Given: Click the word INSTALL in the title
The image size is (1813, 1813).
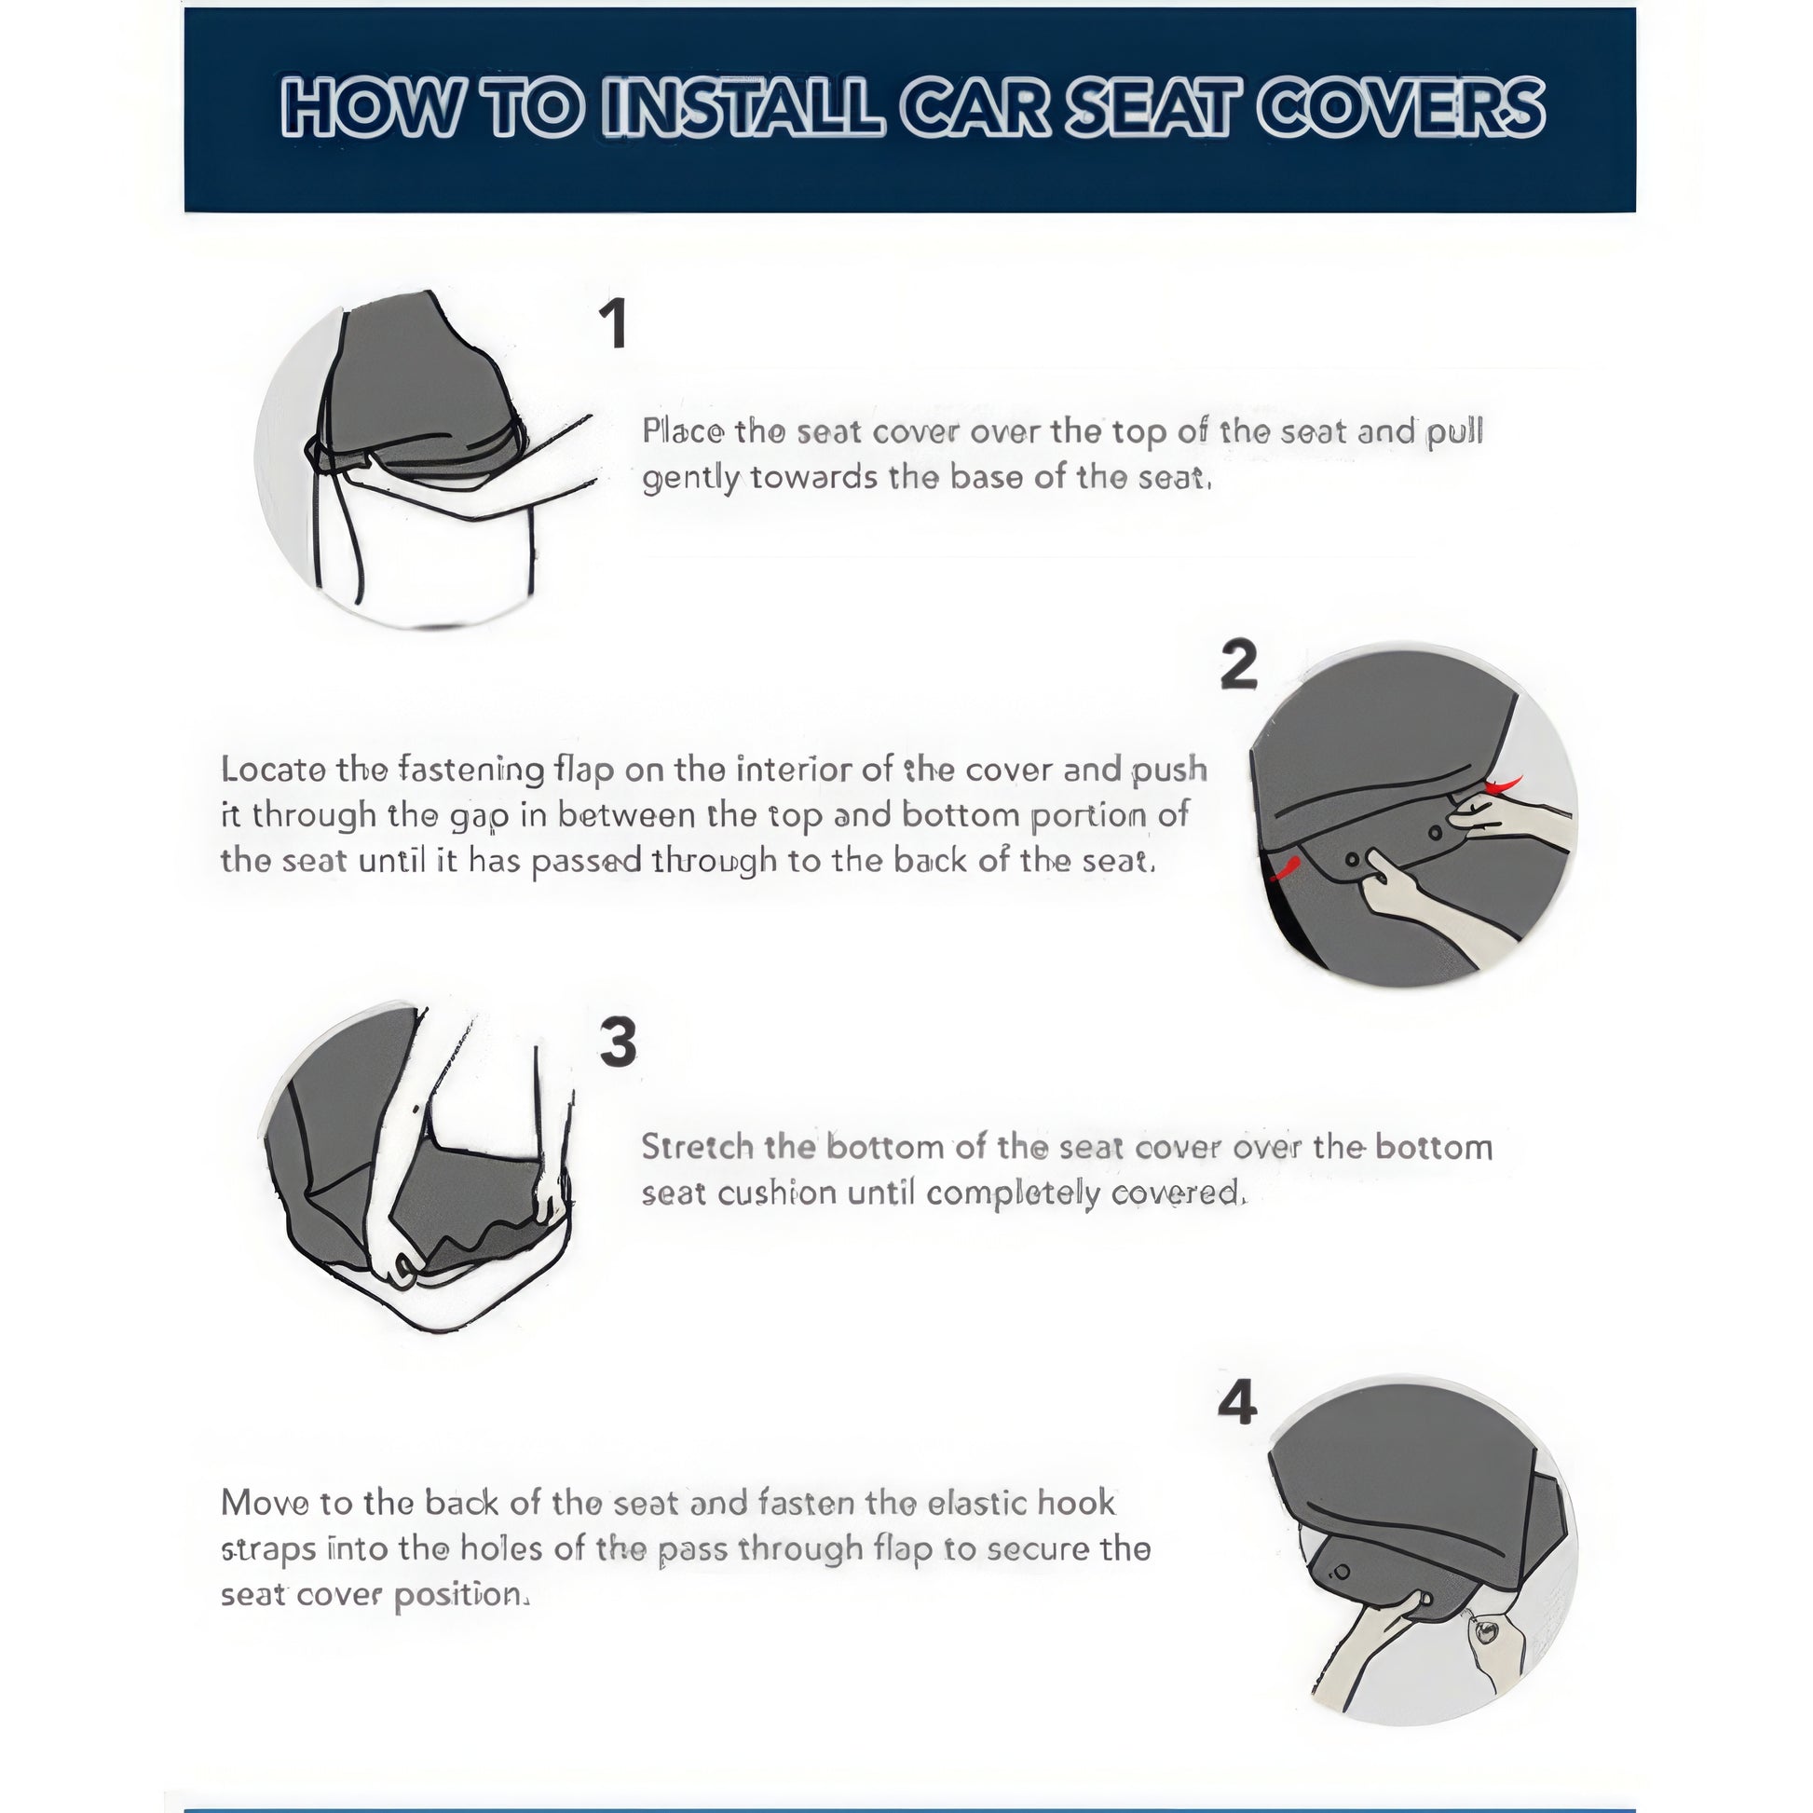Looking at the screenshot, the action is pyautogui.click(x=743, y=108).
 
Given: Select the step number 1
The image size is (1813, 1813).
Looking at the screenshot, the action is pyautogui.click(x=614, y=324).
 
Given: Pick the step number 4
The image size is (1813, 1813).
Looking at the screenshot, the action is pyautogui.click(x=1237, y=1405).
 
